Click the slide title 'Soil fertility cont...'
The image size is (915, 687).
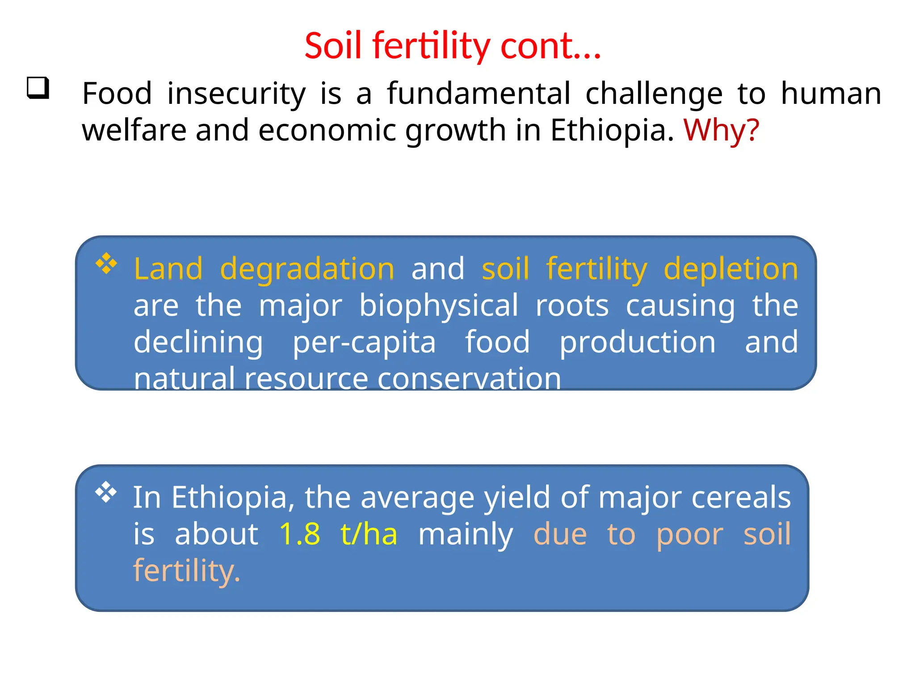click(453, 46)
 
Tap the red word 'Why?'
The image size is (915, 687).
click(721, 131)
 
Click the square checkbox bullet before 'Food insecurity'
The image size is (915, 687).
click(38, 88)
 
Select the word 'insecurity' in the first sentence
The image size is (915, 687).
click(236, 94)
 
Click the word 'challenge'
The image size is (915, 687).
click(654, 94)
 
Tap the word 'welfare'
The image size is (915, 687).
click(134, 130)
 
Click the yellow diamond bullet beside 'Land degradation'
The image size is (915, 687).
click(106, 263)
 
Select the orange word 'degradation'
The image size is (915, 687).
click(307, 269)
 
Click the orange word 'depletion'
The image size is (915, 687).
click(730, 269)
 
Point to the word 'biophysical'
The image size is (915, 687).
click(439, 306)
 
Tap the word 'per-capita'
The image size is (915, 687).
click(364, 343)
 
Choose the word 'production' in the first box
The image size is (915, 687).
click(638, 343)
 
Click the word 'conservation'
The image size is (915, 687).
click(469, 379)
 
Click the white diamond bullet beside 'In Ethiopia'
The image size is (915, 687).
click(106, 492)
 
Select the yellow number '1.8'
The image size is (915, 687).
click(300, 534)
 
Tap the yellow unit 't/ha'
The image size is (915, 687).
click(369, 534)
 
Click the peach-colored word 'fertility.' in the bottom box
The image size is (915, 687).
click(187, 571)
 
